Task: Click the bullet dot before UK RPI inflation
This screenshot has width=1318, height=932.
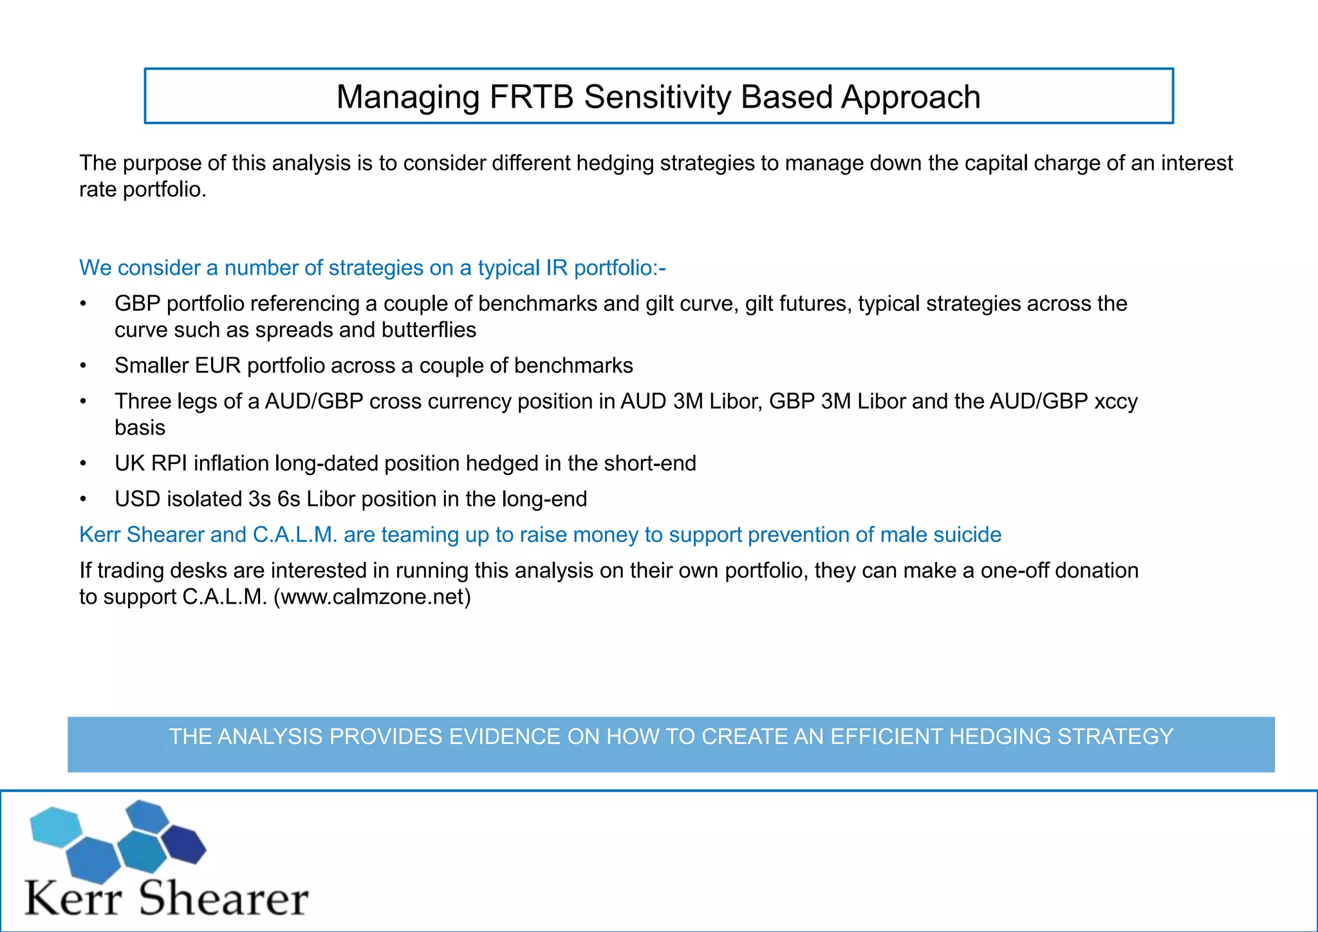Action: (83, 463)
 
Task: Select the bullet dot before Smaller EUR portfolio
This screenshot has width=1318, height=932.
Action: (83, 366)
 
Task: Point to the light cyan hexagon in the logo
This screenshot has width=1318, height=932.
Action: (56, 827)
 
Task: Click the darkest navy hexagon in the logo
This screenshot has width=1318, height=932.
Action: (183, 844)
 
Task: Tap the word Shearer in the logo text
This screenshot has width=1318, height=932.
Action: (224, 899)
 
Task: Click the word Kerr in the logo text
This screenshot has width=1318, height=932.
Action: (73, 899)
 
